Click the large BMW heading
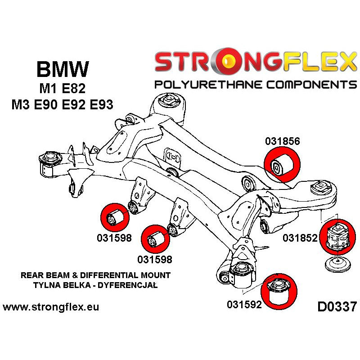(x=62, y=70)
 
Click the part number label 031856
(x=282, y=141)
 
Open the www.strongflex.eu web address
(x=51, y=307)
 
